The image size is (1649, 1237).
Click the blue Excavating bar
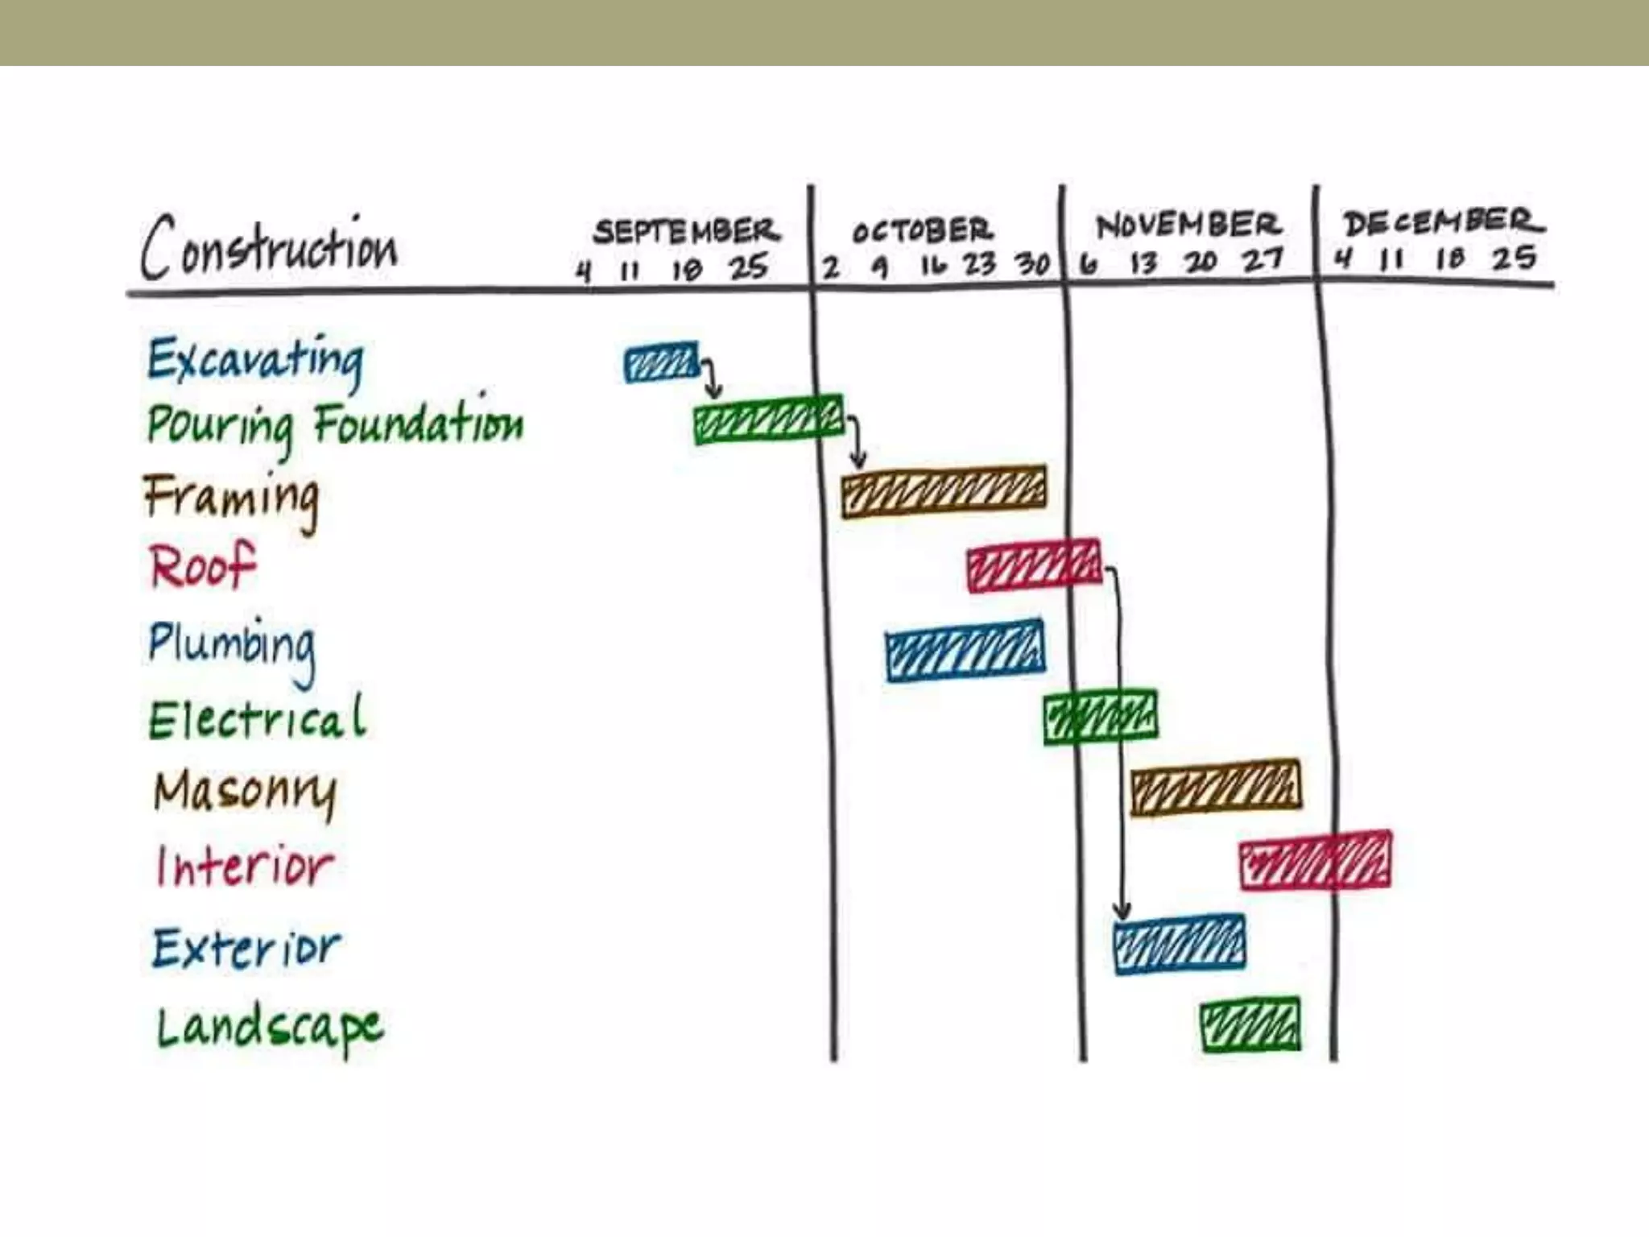tap(661, 364)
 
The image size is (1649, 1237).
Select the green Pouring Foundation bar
tap(768, 420)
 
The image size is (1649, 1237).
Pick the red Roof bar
tap(1034, 565)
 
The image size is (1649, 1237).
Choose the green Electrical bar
tap(1100, 717)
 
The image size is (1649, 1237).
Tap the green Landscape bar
tap(1250, 1024)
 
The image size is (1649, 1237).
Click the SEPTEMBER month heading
tap(687, 232)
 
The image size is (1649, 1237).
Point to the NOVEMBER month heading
tap(1188, 225)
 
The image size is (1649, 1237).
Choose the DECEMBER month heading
tap(1442, 222)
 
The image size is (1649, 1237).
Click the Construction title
tap(270, 248)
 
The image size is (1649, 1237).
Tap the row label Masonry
tap(245, 792)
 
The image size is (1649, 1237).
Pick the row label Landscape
tap(270, 1028)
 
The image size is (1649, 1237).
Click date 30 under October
tap(1031, 264)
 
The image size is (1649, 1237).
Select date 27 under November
tap(1262, 260)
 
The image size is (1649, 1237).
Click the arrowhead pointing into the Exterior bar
tap(1122, 911)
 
